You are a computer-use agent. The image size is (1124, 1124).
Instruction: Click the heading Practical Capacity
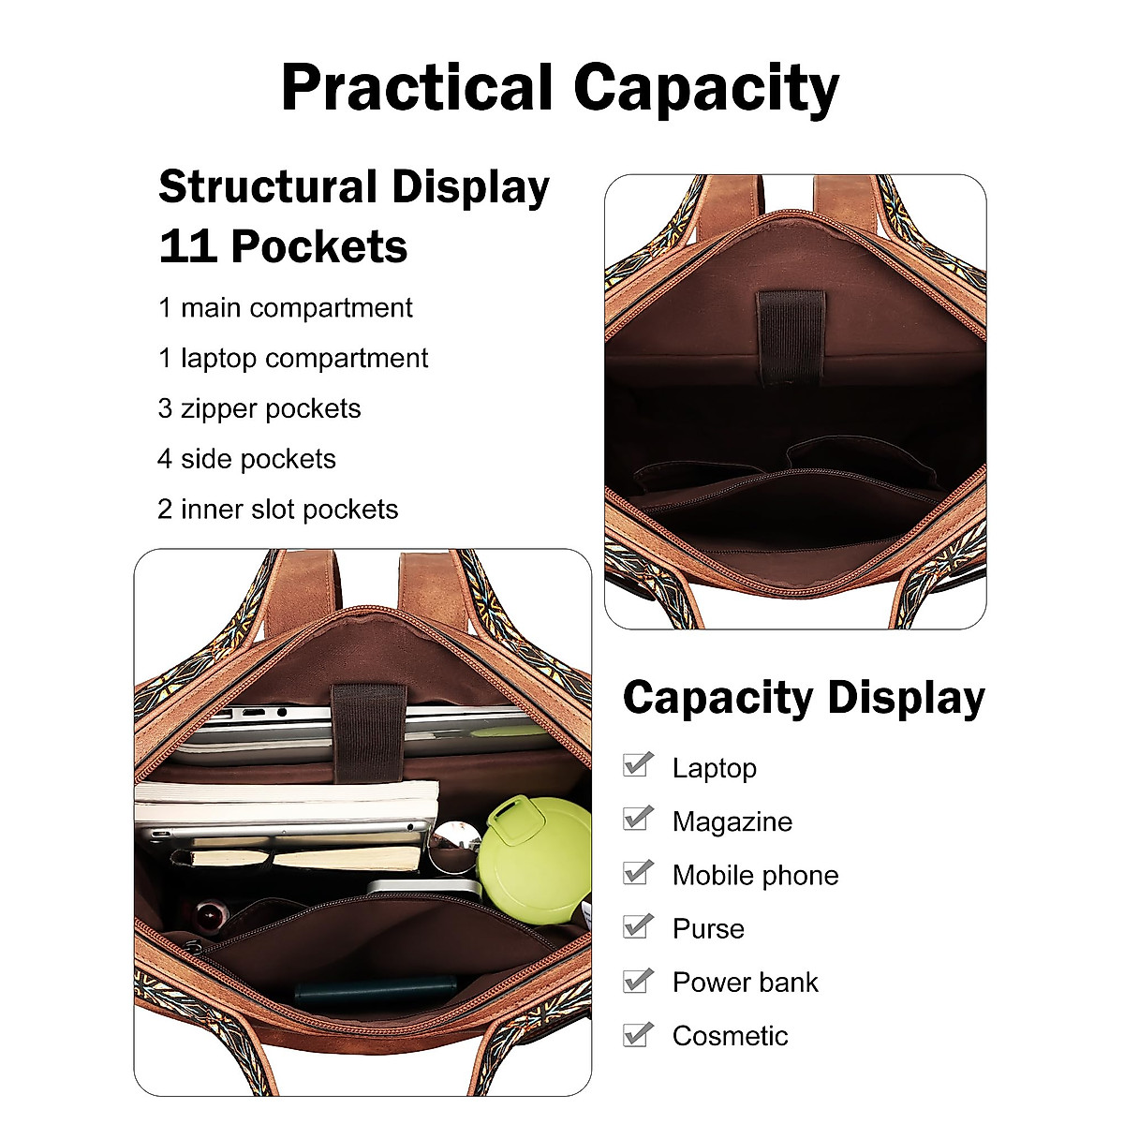(x=560, y=89)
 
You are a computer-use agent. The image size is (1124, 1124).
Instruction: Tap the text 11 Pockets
(x=283, y=247)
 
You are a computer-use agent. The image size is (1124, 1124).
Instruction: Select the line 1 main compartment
(x=285, y=308)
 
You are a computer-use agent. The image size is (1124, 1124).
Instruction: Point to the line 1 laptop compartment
(x=292, y=359)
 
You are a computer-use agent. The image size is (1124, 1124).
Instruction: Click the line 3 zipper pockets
(x=259, y=409)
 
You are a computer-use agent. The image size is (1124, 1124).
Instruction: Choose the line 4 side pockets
(x=246, y=459)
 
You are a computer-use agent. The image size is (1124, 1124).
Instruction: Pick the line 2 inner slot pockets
(x=277, y=510)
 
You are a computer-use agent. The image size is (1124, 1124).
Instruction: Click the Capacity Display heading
(x=804, y=699)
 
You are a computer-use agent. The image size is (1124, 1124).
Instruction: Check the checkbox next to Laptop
(x=638, y=765)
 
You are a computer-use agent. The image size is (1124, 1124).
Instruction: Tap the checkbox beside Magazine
(x=638, y=819)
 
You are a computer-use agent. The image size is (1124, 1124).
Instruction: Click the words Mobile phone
(x=755, y=876)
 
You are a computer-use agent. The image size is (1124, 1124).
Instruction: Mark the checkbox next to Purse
(x=638, y=926)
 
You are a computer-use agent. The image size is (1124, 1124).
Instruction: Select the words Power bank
(x=745, y=983)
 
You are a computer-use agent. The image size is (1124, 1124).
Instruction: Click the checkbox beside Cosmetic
(x=638, y=1034)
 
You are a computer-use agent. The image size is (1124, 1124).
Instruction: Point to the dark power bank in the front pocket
(x=375, y=991)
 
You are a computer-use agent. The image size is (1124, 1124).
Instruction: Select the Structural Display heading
(x=353, y=187)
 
